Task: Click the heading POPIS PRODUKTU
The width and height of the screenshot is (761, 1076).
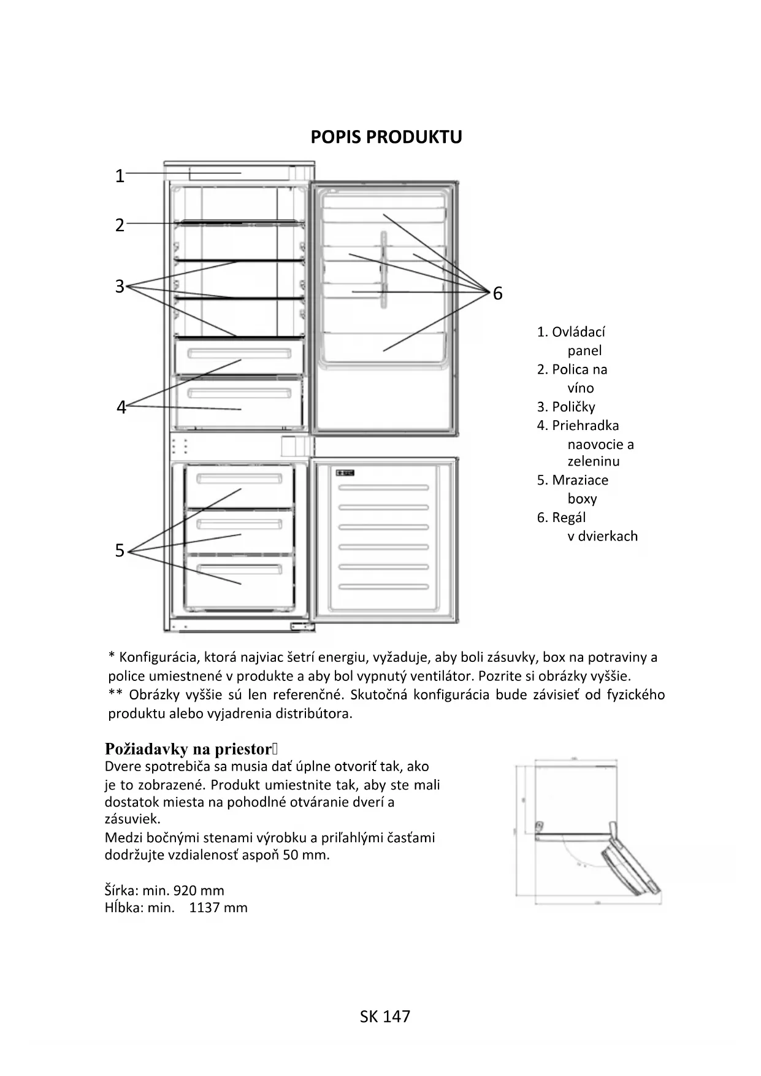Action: pos(386,137)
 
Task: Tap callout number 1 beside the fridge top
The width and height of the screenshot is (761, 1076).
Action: pos(120,177)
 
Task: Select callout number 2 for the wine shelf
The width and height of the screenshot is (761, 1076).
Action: pos(120,225)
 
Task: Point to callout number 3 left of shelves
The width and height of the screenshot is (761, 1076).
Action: pos(120,286)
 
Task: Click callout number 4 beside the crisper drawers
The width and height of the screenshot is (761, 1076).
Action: pos(121,407)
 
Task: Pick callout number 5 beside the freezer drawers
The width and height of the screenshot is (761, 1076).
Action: pos(120,551)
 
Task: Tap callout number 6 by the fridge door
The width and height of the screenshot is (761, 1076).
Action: pos(497,294)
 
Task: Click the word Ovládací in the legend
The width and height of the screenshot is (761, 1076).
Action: pos(578,332)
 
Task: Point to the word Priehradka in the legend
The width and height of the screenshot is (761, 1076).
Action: pos(585,426)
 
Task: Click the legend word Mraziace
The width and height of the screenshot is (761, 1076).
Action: pos(579,480)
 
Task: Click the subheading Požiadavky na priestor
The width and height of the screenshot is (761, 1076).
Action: pos(188,749)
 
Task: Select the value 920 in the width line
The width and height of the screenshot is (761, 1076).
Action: pos(185,891)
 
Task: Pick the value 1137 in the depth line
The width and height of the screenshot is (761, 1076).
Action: pos(205,908)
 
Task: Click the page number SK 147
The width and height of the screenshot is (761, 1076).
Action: pos(385,1016)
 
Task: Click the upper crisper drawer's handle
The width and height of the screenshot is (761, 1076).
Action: pos(239,354)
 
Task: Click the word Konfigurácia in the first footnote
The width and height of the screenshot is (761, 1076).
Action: pos(158,658)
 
